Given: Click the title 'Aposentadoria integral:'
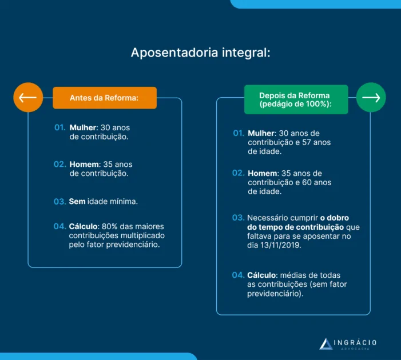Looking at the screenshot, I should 200,53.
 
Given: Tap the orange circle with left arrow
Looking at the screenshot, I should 28,98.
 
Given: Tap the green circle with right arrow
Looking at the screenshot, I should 371,98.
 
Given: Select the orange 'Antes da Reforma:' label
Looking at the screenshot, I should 104,98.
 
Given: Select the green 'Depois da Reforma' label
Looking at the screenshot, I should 295,99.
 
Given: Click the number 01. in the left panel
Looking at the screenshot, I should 60,127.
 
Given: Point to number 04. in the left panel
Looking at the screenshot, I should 60,226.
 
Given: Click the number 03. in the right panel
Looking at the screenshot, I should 238,218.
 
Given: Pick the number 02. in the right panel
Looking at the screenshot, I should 238,173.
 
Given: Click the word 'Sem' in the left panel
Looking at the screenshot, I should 77,202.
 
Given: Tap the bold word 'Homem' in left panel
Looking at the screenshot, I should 84,164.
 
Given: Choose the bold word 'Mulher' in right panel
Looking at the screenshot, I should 261,133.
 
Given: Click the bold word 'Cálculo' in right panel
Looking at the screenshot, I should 262,275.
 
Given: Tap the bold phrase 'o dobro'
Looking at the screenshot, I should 335,218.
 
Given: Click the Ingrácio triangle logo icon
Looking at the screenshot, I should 326,343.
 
